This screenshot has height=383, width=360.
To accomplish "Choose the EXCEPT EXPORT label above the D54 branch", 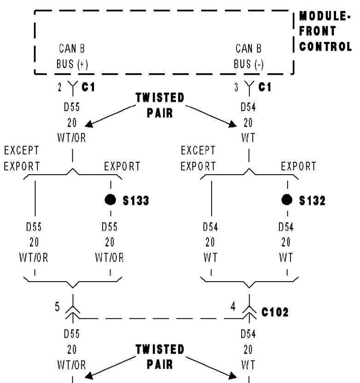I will coord(198,158).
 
